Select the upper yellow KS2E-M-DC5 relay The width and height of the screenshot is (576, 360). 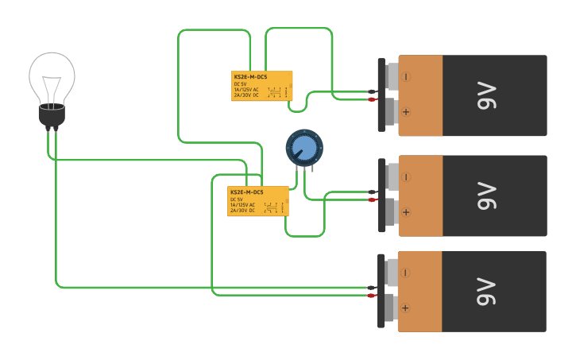click(262, 86)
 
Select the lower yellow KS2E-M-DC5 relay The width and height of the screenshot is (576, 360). click(259, 201)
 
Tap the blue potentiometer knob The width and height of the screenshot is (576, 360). click(304, 148)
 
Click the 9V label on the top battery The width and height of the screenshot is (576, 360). click(486, 95)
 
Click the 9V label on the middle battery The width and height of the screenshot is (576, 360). click(486, 195)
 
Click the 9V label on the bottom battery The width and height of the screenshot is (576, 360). click(486, 291)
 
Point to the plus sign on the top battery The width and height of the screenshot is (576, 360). click(406, 112)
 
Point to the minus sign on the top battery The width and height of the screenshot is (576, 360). click(406, 77)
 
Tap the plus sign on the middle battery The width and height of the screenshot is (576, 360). click(406, 212)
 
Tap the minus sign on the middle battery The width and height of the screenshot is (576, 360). click(406, 177)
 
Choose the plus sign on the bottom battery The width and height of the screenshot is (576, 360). click(406, 308)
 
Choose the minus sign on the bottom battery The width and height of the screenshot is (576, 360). click(406, 273)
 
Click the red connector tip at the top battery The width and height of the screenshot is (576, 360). click(372, 99)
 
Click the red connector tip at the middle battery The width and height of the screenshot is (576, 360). click(372, 199)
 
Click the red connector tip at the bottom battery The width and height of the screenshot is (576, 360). click(372, 295)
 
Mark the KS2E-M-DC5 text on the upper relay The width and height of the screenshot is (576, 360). click(250, 76)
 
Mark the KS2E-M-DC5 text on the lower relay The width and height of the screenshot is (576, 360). click(246, 192)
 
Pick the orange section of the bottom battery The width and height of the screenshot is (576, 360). click(419, 291)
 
